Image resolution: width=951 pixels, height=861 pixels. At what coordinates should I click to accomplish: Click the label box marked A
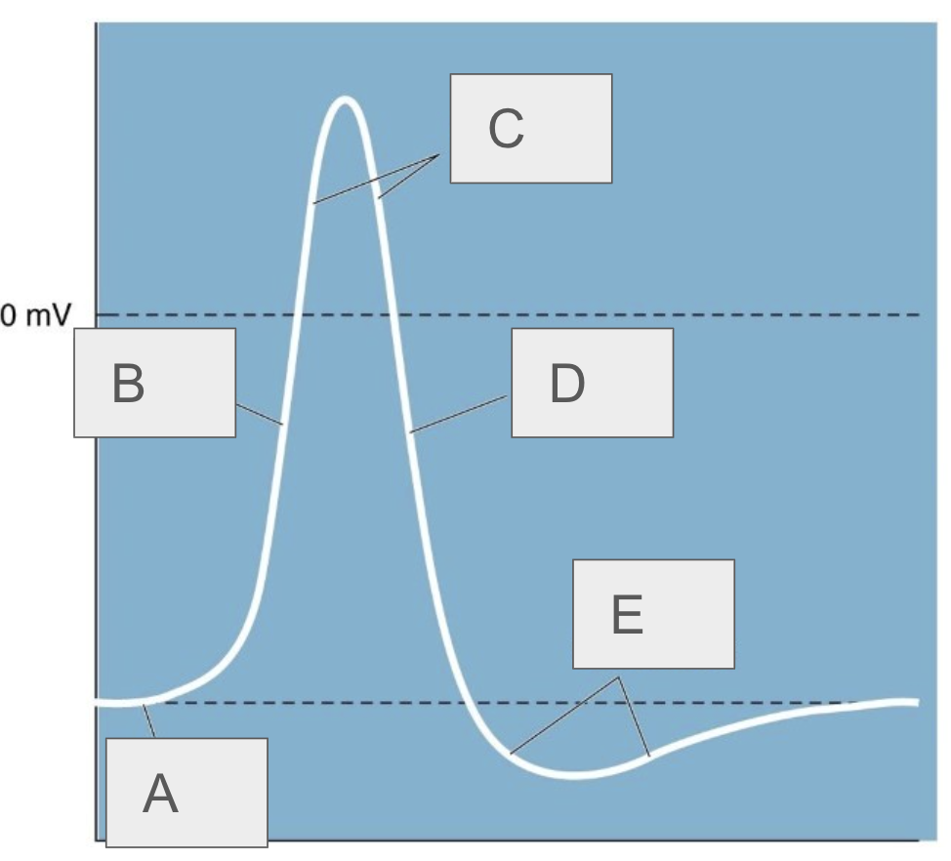[x=186, y=792]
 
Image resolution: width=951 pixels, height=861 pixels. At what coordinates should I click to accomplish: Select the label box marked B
[x=154, y=382]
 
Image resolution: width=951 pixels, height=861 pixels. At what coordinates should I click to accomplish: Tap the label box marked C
[x=530, y=128]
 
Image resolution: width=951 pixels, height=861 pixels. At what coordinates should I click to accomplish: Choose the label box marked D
[x=592, y=382]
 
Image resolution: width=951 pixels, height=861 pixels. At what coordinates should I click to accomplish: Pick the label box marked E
[x=652, y=614]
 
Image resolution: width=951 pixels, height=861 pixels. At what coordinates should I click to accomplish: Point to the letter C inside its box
[x=506, y=129]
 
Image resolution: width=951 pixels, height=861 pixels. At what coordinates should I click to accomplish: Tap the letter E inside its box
[x=628, y=615]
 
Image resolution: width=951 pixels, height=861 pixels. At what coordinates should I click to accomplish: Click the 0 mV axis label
[x=36, y=316]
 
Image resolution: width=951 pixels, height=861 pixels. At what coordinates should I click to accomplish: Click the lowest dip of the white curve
[x=578, y=776]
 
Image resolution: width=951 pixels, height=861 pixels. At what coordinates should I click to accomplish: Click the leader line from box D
[x=460, y=414]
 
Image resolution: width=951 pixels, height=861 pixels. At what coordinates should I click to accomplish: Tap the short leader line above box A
[x=148, y=721]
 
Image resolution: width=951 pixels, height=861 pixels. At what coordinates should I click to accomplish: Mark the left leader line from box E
[x=564, y=715]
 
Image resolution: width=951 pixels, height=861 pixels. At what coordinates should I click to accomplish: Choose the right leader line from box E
[x=633, y=716]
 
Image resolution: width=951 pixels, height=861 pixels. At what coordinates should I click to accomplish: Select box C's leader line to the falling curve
[x=408, y=177]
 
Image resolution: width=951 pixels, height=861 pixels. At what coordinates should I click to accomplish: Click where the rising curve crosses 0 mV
[x=294, y=314]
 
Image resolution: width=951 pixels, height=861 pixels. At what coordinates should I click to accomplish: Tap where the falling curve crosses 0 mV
[x=393, y=314]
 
